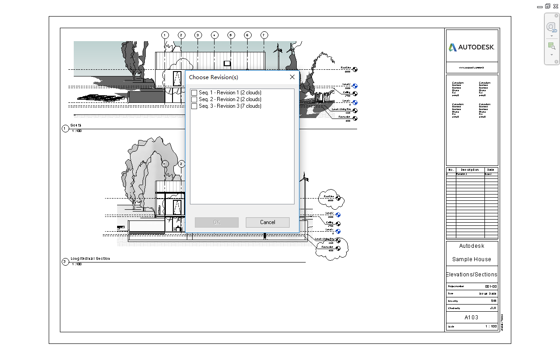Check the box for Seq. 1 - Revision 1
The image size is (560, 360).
194,93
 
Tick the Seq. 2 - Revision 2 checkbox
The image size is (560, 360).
194,99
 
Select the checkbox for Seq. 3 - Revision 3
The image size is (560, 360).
194,106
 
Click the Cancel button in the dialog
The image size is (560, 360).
267,222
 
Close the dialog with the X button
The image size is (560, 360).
292,77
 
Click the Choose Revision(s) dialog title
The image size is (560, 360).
214,77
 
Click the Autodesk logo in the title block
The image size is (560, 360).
472,47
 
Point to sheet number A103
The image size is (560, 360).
472,318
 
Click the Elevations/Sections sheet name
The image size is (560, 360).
472,275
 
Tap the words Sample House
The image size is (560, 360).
472,259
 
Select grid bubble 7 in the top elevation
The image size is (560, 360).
264,35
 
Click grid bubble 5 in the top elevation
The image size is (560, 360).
231,35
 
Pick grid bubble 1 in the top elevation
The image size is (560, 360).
165,35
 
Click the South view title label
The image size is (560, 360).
76,126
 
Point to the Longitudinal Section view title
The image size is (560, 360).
90,258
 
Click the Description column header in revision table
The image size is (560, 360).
470,170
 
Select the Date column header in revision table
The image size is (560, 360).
491,170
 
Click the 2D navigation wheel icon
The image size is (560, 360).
551,27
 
